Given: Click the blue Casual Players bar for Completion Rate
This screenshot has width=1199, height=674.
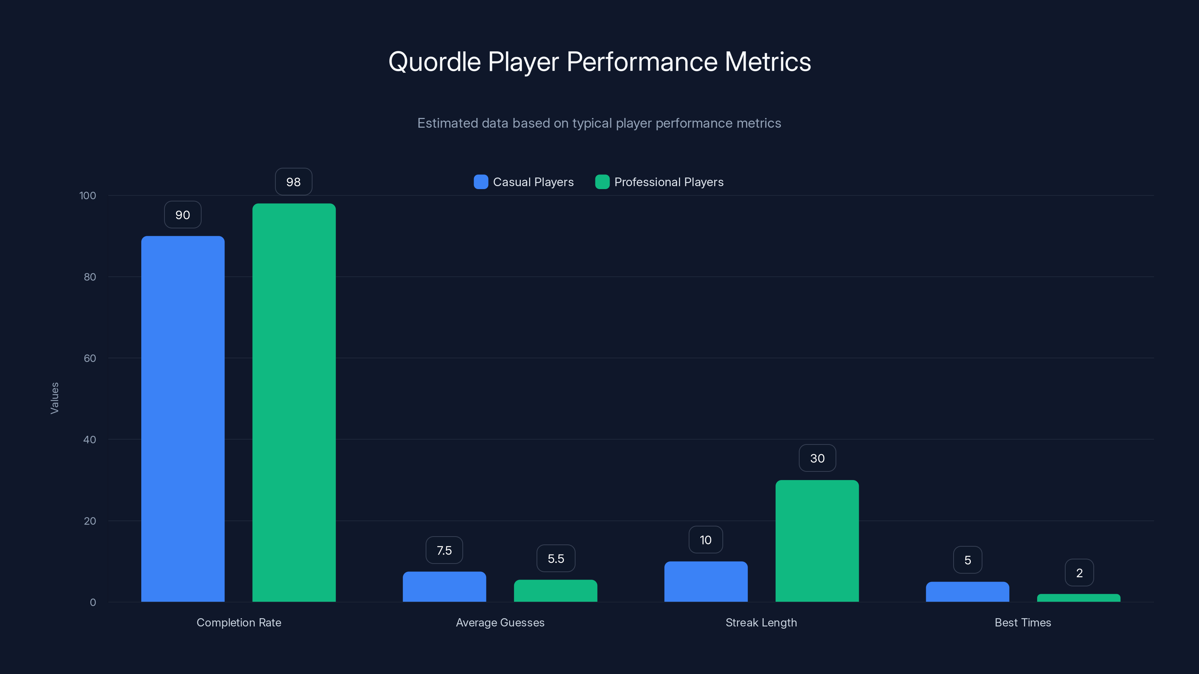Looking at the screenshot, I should pos(182,419).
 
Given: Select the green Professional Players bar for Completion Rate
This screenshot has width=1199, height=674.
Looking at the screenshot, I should pos(294,403).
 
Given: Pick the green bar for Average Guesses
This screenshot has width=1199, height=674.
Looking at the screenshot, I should pos(555,591).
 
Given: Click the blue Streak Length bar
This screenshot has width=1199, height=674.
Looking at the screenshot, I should pos(706,582).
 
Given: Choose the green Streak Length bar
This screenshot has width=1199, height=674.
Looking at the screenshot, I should pos(817,541).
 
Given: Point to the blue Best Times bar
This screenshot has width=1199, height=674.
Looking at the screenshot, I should pos(967,592).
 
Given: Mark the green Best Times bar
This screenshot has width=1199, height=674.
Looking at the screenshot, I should pos(1078,598).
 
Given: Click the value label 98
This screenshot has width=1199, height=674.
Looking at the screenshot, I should pos(293,182).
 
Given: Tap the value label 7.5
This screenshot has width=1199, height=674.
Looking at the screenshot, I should pos(444,550).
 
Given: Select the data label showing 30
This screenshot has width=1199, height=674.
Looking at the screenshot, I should pos(817,458).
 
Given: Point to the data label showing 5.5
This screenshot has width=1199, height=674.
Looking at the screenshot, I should pos(555,559).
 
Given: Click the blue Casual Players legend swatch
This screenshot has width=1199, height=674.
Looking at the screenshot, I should pos(480,182).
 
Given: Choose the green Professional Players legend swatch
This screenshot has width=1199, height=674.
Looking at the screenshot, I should pos(602,182).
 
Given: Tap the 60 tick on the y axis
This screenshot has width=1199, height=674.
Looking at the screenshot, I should pos(90,358).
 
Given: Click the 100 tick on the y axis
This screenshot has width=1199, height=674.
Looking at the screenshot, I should pos(88,195).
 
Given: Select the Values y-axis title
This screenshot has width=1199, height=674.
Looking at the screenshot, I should pos(54,398).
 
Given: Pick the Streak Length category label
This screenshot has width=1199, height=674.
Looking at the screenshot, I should pos(761,622).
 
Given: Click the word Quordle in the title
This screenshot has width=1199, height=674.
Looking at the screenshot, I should pos(434,62).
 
